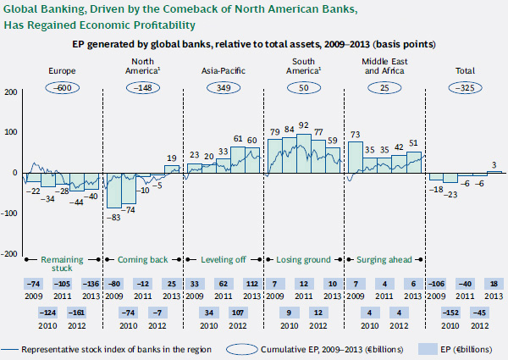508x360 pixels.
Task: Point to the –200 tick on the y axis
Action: (9, 253)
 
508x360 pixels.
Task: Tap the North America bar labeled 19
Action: (172, 168)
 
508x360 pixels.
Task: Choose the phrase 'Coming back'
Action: (143, 258)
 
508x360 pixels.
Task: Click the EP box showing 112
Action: (251, 283)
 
